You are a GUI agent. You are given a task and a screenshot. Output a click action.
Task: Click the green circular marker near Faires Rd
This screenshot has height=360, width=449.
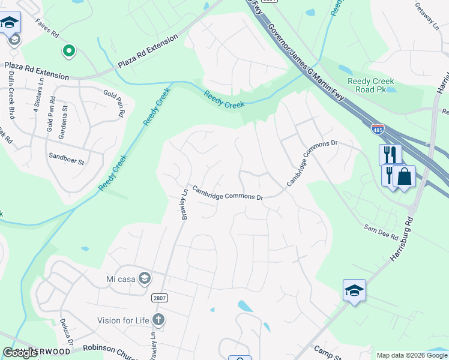click(x=69, y=52)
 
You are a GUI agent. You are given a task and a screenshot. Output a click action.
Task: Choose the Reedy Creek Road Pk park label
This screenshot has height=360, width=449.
click(x=371, y=85)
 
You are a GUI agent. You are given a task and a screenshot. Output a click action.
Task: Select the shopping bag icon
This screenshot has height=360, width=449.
click(x=405, y=176)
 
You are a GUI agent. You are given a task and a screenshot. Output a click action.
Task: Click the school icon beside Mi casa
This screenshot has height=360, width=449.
click(x=144, y=278)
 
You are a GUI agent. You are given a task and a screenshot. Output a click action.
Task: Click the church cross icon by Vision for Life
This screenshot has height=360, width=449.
click(x=158, y=319)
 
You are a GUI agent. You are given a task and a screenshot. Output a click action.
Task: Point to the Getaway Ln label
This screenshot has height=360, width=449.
click(x=427, y=16)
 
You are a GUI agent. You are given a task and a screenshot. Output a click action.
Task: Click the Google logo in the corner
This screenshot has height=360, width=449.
click(x=20, y=353)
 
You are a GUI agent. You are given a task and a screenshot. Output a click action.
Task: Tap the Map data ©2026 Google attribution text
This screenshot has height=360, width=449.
click(x=412, y=355)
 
